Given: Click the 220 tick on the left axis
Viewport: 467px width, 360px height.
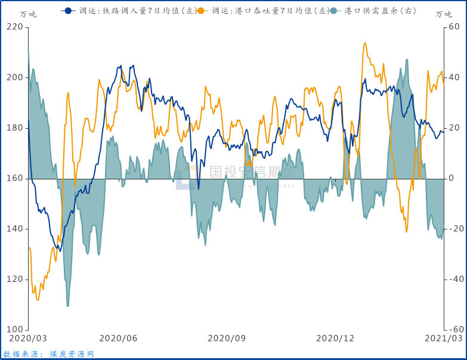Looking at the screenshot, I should [14, 27].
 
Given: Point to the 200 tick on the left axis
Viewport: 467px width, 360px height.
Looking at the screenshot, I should [14, 77].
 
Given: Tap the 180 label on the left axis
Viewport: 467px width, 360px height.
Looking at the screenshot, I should [14, 128].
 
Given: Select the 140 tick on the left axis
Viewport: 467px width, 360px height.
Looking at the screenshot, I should [14, 229].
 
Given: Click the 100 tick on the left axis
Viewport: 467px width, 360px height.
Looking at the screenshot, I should [14, 330].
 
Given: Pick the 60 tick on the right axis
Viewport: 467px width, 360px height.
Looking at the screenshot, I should [454, 27].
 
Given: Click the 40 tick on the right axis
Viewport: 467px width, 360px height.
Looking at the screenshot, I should [454, 77].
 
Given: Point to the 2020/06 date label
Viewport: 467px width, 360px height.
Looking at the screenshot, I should [118, 338].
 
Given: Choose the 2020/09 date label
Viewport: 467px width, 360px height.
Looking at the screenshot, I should [227, 338].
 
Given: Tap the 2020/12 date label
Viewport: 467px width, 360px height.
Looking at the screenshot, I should [335, 338].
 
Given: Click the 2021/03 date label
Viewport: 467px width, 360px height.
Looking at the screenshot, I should [443, 338].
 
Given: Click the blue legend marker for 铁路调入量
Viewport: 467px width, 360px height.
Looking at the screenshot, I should [68, 11].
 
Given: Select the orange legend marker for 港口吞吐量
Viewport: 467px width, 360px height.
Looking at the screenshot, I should [201, 11].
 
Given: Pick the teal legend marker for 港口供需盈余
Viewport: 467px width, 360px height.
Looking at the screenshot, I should [335, 11].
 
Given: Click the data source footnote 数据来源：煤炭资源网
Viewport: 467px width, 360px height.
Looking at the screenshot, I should [49, 354].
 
